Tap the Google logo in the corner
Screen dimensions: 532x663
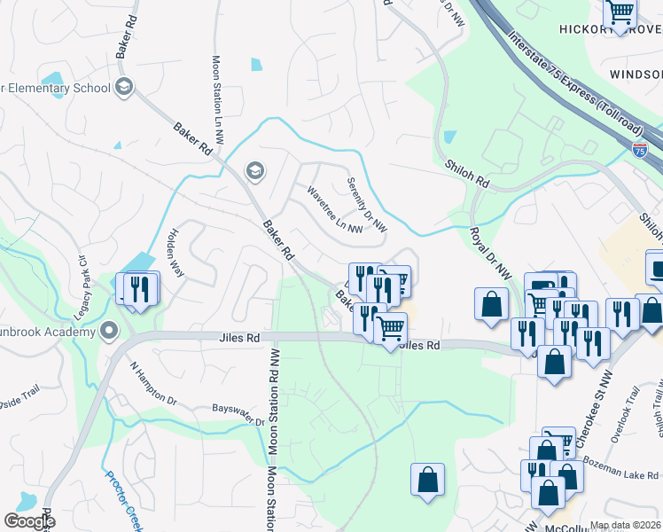click(29, 521)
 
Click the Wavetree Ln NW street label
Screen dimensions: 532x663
click(334, 210)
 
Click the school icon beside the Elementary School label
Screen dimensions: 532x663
click(124, 87)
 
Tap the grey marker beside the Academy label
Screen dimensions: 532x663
click(110, 332)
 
